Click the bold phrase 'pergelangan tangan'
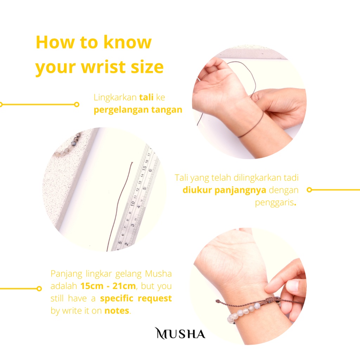click(138, 110)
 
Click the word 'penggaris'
click(275, 203)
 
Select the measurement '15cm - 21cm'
click(108, 286)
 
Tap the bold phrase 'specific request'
click(136, 298)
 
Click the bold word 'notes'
click(117, 311)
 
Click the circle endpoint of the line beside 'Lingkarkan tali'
click(77, 104)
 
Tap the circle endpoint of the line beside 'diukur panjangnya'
click(309, 190)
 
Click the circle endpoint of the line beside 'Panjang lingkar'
click(39, 289)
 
